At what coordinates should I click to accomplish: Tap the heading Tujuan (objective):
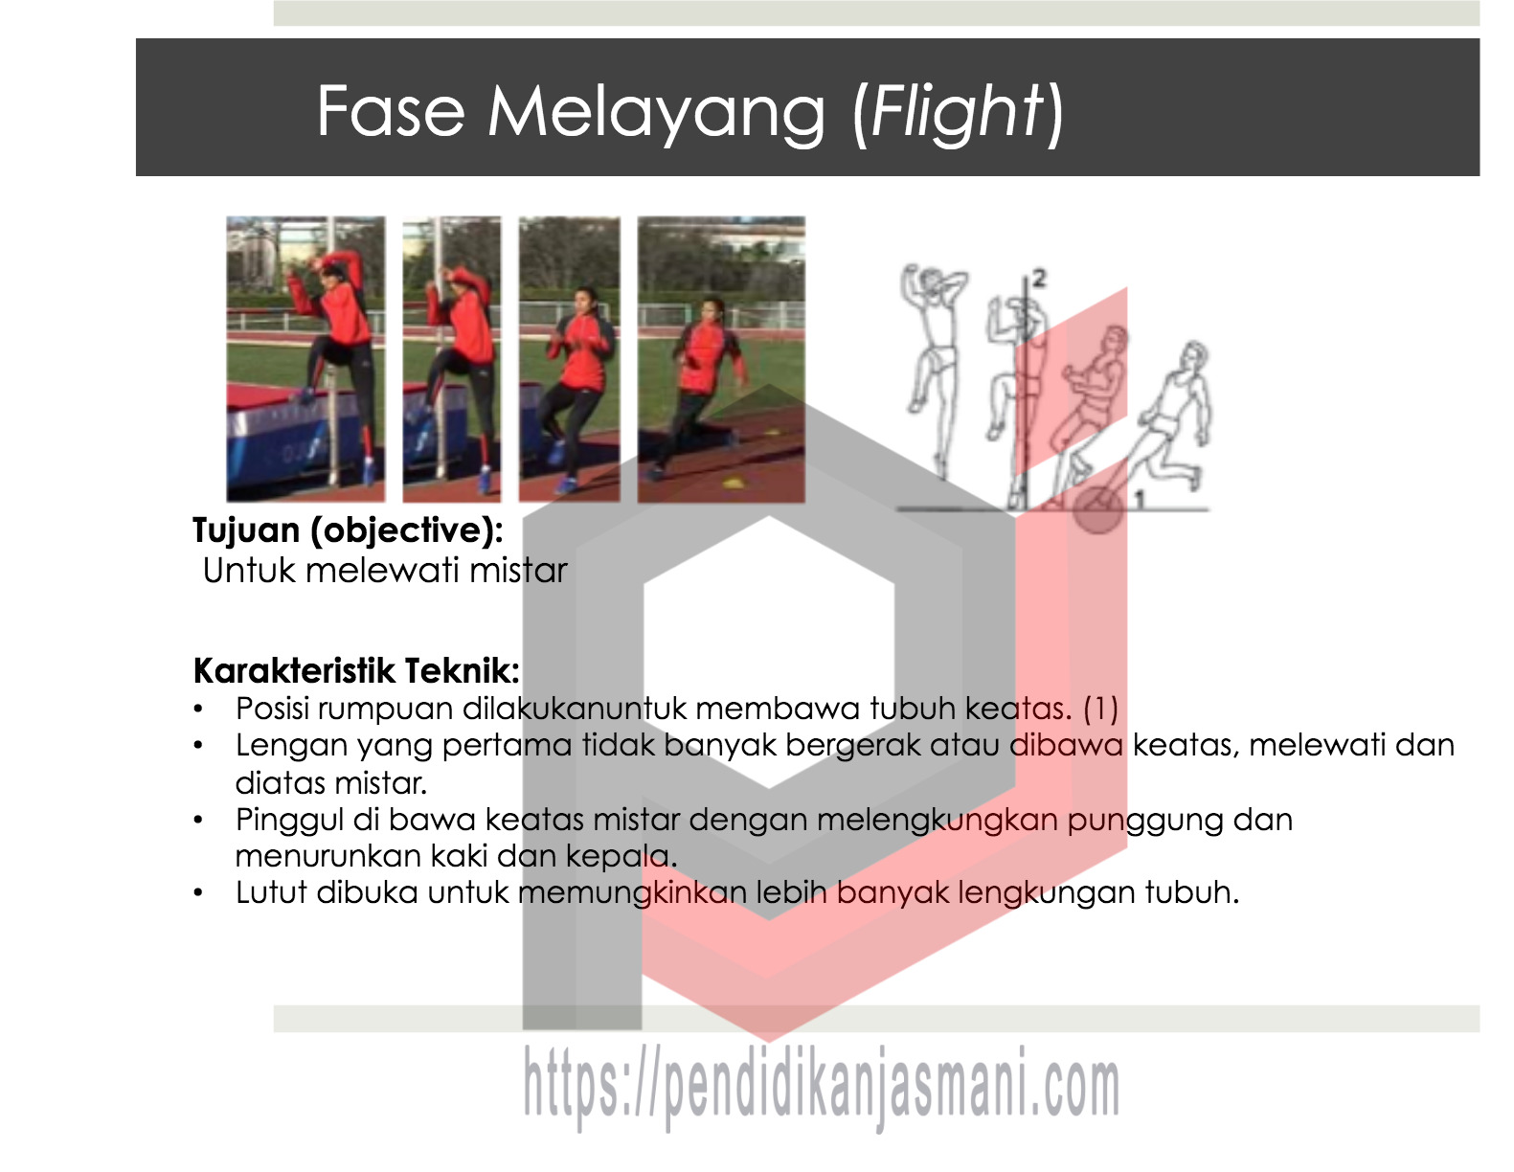click(348, 530)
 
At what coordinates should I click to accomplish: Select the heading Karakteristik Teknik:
click(356, 670)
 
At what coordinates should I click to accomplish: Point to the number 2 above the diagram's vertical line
click(1039, 280)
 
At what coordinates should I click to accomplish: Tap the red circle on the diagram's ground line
click(1097, 509)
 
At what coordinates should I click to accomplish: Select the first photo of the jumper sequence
click(305, 359)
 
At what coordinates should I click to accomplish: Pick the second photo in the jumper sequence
click(451, 359)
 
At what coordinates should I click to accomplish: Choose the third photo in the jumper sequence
click(569, 359)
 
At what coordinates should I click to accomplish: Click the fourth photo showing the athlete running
click(721, 359)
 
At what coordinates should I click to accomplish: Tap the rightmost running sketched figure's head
click(1195, 355)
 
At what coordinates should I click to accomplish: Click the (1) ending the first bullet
click(1101, 709)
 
